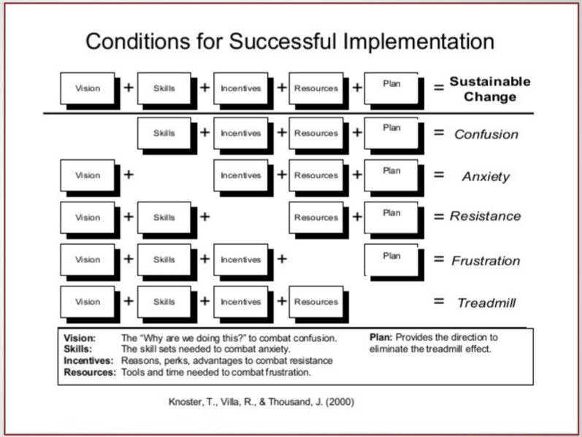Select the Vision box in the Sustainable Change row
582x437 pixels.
tap(88, 88)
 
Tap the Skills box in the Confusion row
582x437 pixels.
tap(164, 133)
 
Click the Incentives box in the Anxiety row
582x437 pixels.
tap(240, 175)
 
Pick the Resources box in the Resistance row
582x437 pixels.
tap(316, 217)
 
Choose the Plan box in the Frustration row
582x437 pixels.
tap(391, 257)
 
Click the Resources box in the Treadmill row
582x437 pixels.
tap(316, 302)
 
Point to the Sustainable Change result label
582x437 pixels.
tap(489, 89)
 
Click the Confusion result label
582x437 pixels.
tap(486, 134)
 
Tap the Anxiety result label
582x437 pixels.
tap(486, 177)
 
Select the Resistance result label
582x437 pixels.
tap(486, 216)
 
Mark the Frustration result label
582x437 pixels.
tap(486, 260)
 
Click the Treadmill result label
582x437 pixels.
tap(486, 303)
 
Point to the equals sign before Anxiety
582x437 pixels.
tap(439, 176)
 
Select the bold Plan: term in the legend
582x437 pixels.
tap(383, 338)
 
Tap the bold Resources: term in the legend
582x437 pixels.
tap(89, 372)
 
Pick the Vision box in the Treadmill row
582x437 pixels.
tap(88, 302)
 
